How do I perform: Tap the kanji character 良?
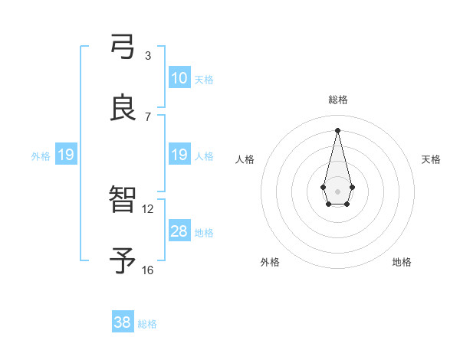click(123, 108)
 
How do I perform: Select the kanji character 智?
click(123, 201)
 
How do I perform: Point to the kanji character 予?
click(123, 261)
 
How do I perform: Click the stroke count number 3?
click(148, 55)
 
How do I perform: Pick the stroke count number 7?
click(148, 116)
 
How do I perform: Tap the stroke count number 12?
click(148, 208)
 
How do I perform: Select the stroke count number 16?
click(148, 270)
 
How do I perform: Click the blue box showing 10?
click(179, 78)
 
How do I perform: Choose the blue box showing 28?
click(179, 231)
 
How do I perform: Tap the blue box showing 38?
click(122, 322)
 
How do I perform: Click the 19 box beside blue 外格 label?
click(65, 155)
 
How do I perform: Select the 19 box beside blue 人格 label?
click(179, 155)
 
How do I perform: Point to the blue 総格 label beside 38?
click(147, 323)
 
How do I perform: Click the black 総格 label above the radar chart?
click(337, 100)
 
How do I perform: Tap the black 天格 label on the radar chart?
click(432, 159)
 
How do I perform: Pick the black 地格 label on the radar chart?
click(402, 262)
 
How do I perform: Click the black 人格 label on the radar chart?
click(245, 159)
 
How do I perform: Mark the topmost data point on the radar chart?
click(337, 130)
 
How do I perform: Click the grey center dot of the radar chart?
click(337, 190)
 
